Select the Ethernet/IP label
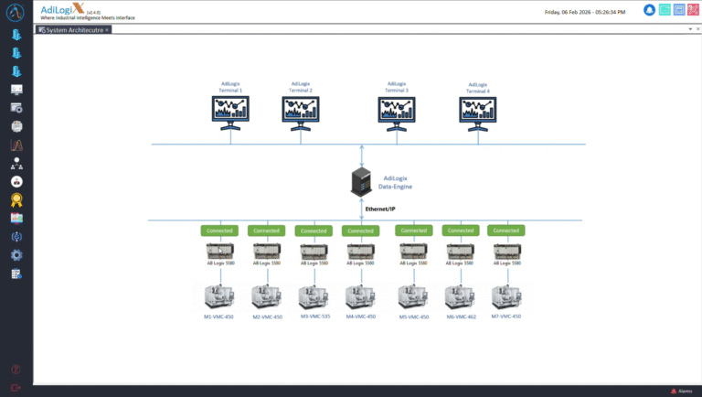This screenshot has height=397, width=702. (x=381, y=209)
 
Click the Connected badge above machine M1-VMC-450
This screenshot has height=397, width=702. (x=219, y=231)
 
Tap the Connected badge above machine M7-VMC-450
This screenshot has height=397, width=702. (x=505, y=231)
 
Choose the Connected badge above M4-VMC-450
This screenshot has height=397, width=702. (x=360, y=231)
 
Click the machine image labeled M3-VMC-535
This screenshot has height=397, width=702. (x=314, y=296)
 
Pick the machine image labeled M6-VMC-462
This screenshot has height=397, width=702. (x=461, y=296)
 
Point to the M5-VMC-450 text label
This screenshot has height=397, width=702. (x=414, y=317)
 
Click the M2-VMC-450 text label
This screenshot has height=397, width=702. (x=267, y=317)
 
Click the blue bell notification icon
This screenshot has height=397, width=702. (x=649, y=11)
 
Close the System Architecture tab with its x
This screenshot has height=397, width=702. (x=107, y=30)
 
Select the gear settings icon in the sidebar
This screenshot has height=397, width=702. (x=16, y=255)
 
